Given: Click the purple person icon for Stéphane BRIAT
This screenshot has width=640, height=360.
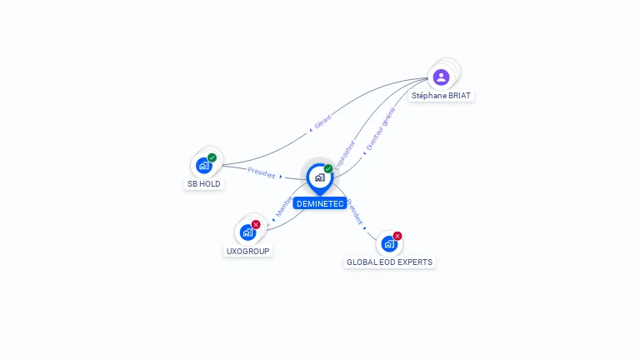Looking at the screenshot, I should (441, 77).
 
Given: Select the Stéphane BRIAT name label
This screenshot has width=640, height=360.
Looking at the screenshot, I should (441, 96).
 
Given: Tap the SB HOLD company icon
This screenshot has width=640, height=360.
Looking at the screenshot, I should (204, 165).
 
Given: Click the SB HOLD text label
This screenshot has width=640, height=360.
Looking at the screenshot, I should (204, 183).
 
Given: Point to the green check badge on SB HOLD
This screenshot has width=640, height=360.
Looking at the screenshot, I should (212, 157).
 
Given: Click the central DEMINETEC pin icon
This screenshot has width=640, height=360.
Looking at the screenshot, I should (319, 177).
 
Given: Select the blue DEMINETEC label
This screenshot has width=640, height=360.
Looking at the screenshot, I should (319, 203).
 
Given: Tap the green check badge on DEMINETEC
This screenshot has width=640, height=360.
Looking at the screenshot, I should (328, 169).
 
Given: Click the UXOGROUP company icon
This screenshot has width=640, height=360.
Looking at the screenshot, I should (247, 232).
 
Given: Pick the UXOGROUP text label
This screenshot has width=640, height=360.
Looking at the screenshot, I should (248, 251).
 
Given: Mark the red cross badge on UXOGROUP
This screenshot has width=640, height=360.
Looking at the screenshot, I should (256, 224).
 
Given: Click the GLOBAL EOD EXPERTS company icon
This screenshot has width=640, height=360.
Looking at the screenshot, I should (389, 243).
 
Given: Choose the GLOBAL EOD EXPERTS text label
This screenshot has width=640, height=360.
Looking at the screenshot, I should (389, 262).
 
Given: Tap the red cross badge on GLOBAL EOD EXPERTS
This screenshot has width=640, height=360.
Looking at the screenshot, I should (397, 236).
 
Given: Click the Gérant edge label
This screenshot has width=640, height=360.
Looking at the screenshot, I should (322, 122).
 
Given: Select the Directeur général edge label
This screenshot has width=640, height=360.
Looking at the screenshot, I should (380, 128).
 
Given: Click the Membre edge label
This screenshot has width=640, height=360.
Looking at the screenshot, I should (284, 207).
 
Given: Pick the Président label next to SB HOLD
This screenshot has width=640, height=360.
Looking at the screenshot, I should (262, 172).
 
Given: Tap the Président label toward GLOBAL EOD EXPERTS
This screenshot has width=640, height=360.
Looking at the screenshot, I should (354, 212).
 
